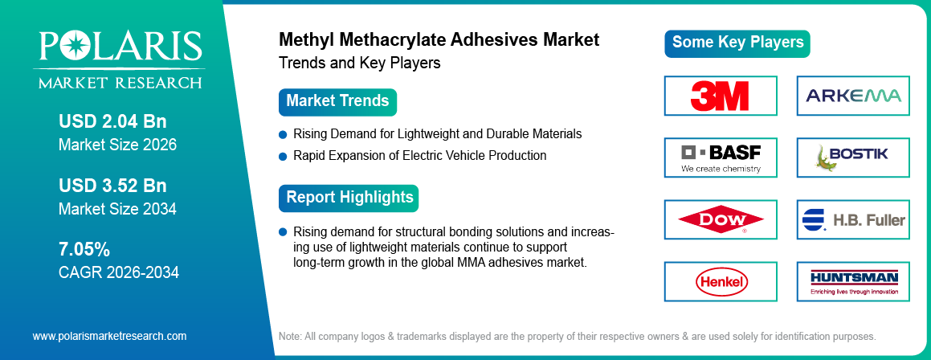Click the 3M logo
(x=720, y=96)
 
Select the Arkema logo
(x=853, y=96)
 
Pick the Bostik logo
(x=853, y=157)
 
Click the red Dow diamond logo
(x=720, y=219)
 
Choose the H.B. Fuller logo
(x=853, y=219)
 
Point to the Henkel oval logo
(x=720, y=281)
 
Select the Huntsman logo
(x=853, y=281)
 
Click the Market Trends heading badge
(x=337, y=101)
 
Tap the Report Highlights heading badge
(x=349, y=198)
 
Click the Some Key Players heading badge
(x=737, y=43)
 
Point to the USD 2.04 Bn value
(x=112, y=121)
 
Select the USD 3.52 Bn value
(x=112, y=186)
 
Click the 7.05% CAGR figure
(x=84, y=247)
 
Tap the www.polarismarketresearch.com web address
(x=109, y=336)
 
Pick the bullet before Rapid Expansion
(x=283, y=155)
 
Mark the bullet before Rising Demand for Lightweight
(x=283, y=133)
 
